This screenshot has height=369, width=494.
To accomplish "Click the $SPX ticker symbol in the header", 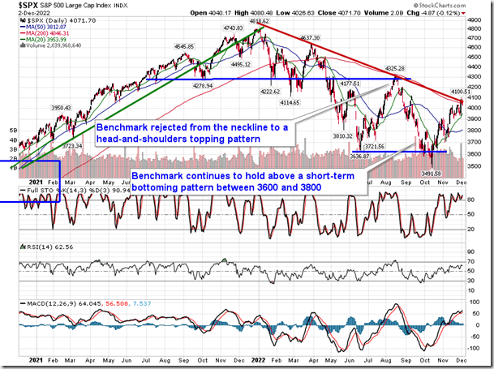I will tap(15, 7).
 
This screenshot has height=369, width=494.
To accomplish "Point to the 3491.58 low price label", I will tap(427, 174).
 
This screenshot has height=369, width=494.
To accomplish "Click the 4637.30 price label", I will tap(313, 38).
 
